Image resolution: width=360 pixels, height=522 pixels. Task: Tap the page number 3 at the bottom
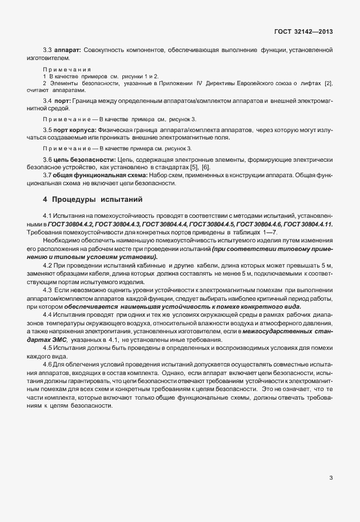tap(331, 477)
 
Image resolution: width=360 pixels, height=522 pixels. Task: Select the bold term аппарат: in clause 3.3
tap(67, 50)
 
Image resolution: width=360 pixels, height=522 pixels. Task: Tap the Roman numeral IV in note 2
tap(199, 83)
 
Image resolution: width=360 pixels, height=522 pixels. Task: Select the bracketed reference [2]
tap(328, 83)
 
